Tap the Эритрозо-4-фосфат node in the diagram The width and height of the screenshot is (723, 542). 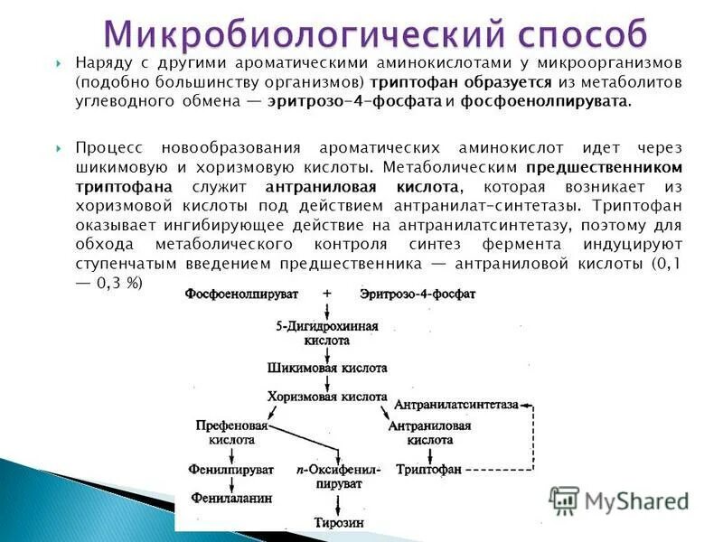click(417, 295)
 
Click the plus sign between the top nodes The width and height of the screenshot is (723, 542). click(326, 294)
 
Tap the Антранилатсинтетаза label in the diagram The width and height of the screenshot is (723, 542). click(456, 405)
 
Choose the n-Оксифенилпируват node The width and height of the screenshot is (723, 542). click(338, 477)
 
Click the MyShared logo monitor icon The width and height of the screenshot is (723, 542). click(565, 500)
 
